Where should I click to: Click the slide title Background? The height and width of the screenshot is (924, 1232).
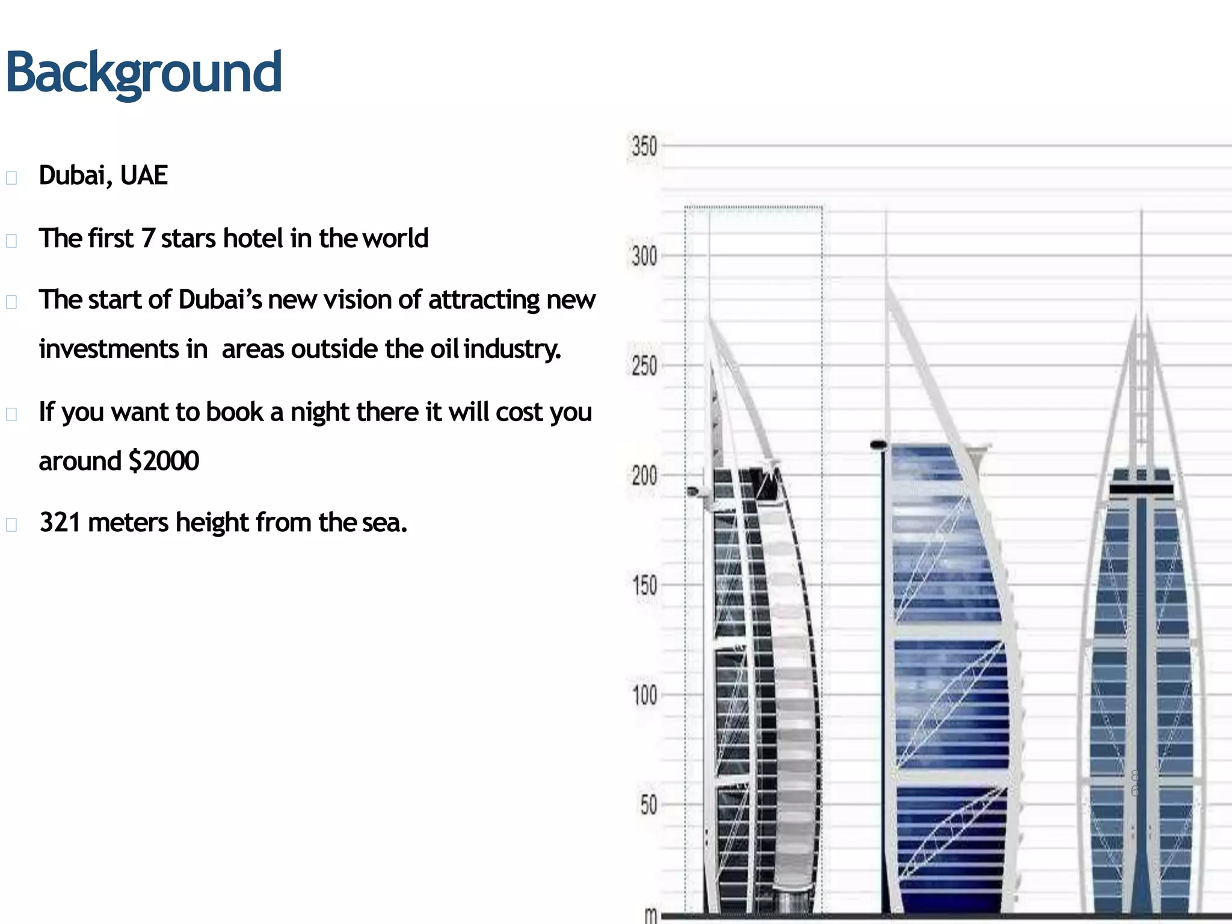143,73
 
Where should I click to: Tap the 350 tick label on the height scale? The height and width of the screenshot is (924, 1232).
644,147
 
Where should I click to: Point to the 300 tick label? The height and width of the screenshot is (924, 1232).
644,257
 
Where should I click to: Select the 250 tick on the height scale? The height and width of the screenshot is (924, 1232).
644,366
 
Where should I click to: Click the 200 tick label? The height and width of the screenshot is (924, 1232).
644,476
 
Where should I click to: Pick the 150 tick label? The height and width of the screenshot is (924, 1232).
644,585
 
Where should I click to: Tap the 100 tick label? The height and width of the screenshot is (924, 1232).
644,695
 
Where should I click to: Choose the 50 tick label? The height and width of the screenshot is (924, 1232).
648,805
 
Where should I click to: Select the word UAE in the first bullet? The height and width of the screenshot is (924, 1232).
144,176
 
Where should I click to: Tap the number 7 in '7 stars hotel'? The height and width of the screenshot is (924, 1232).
148,238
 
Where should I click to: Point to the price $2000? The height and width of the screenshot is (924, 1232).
164,461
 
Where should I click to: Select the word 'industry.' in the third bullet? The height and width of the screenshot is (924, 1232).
512,349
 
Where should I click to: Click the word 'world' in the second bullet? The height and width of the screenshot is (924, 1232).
395,238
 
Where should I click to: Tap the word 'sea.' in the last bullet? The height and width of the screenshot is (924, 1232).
384,522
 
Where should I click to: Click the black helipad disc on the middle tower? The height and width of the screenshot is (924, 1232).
879,445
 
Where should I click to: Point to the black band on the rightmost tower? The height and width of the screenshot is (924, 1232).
1141,488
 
